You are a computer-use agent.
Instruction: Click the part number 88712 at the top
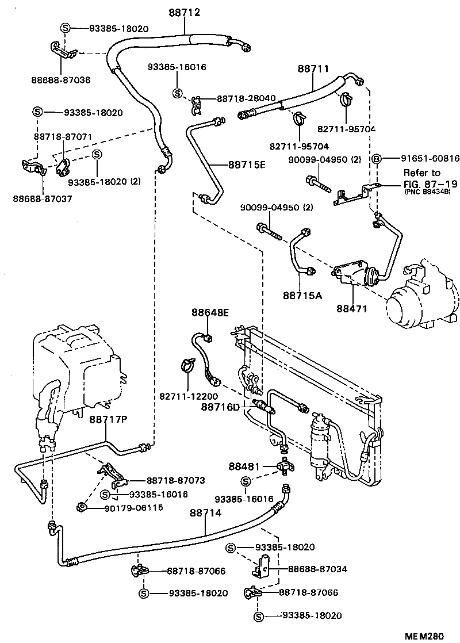[184, 12]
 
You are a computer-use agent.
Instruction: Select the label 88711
[313, 68]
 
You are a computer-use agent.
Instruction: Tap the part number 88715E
[247, 164]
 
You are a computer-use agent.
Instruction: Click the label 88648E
[210, 312]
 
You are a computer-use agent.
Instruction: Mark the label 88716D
[220, 407]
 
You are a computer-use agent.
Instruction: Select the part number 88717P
[108, 420]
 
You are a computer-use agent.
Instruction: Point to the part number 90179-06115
[133, 507]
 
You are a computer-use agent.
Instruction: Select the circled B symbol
[377, 158]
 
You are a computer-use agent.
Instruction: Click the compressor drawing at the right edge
[423, 299]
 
